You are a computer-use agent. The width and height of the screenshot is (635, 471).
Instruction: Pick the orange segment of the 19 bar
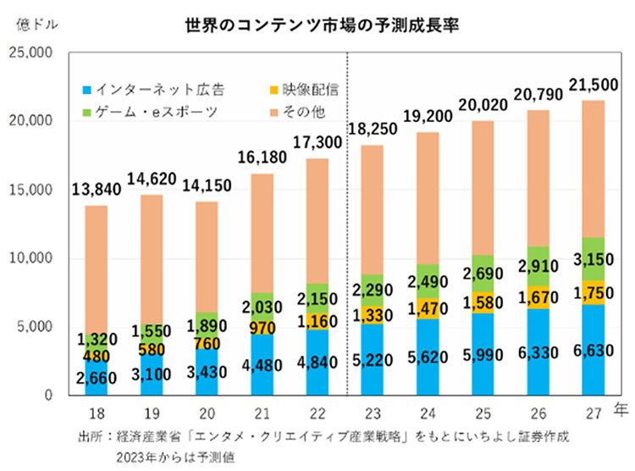(152, 254)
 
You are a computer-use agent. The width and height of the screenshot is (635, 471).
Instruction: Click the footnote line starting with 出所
(322, 437)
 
